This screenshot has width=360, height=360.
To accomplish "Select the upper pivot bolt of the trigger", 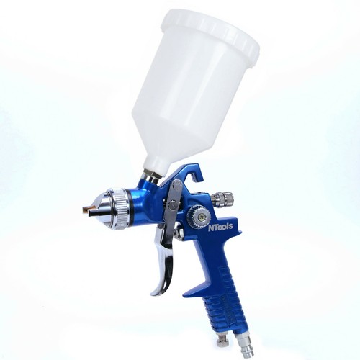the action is [x=177, y=184].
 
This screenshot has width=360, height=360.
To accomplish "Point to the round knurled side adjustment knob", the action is [x=197, y=215].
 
